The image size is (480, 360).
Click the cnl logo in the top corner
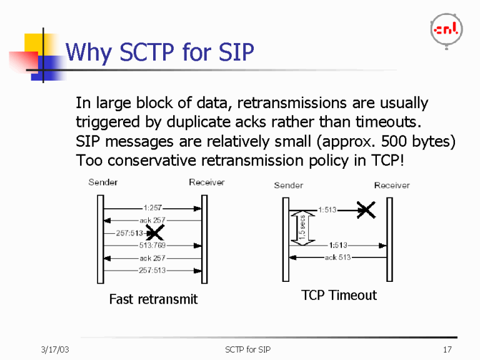pyautogui.click(x=446, y=29)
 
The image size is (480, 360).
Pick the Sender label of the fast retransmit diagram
pyautogui.click(x=103, y=182)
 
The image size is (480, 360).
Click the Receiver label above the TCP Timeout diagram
pyautogui.click(x=392, y=185)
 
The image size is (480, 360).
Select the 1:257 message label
pyautogui.click(x=153, y=207)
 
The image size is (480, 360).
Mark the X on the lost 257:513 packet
pyautogui.click(x=154, y=233)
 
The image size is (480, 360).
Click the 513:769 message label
pyautogui.click(x=152, y=246)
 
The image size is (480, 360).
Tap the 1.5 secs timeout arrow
pyautogui.click(x=301, y=227)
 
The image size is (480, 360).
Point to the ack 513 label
pyautogui.click(x=337, y=257)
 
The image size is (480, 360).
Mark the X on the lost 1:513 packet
pyautogui.click(x=366, y=210)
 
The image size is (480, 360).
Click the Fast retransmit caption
pyautogui.click(x=153, y=299)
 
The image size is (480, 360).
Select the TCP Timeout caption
pyautogui.click(x=339, y=295)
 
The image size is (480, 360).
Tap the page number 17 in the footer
pyautogui.click(x=446, y=349)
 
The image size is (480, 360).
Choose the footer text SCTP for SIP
pyautogui.click(x=247, y=349)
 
